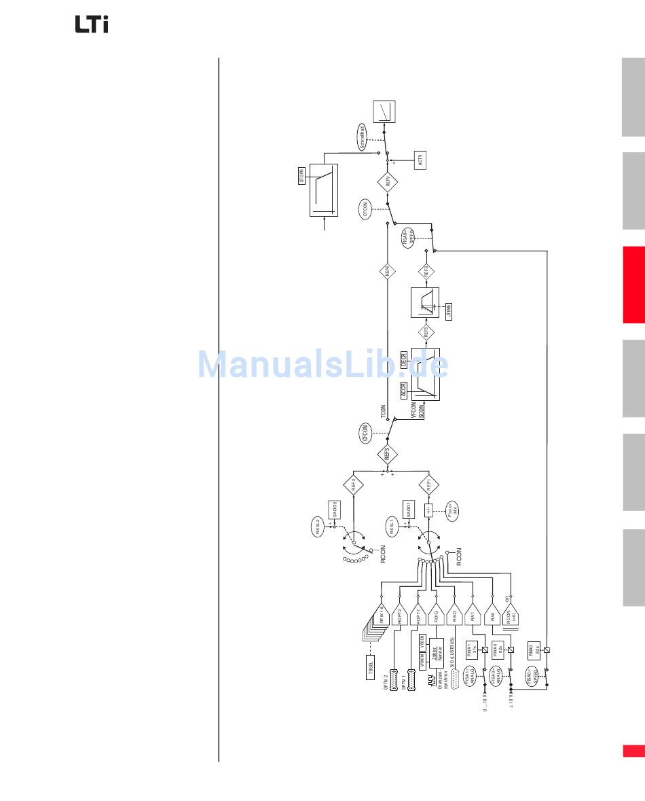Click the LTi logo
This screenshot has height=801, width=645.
[91, 24]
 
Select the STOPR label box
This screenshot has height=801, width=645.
[303, 179]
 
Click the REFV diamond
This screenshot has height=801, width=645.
[388, 181]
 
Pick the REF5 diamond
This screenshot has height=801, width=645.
[426, 332]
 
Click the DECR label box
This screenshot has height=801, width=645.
[403, 359]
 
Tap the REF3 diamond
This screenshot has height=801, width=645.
[388, 455]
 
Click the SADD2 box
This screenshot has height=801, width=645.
[334, 510]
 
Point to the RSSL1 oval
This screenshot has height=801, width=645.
[392, 527]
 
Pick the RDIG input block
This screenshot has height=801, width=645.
[435, 615]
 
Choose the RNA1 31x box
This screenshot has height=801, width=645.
[472, 650]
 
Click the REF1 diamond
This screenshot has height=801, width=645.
[428, 485]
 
